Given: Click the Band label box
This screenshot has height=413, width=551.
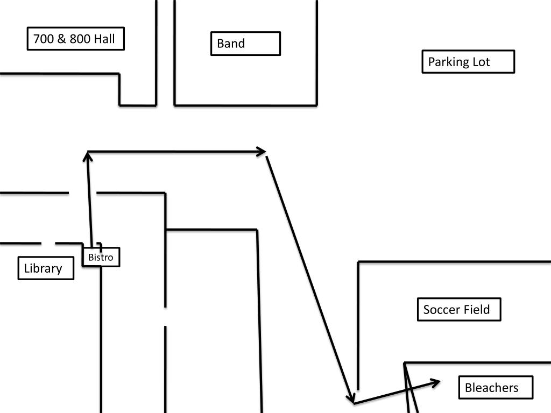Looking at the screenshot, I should [245, 44].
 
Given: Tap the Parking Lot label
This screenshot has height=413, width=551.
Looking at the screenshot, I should [468, 62].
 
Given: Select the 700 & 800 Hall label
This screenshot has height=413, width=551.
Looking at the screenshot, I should [75, 39].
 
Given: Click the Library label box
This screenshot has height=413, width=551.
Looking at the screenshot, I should [46, 268].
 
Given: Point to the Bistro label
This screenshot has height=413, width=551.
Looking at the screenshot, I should [101, 257].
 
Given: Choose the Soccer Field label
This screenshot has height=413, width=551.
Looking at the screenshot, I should [459, 310].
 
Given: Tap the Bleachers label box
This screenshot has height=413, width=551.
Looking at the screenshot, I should [496, 388].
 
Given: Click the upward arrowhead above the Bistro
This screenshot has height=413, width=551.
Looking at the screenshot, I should [88, 156].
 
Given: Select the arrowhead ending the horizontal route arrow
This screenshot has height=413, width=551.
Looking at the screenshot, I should [262, 152].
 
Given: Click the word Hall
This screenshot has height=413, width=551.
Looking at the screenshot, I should [104, 39].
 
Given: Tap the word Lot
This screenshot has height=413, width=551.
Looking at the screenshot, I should [481, 62].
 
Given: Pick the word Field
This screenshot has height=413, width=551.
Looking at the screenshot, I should [476, 310].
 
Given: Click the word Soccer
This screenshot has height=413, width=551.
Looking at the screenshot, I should [441, 310].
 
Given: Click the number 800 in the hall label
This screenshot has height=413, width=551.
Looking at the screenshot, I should [80, 39].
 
